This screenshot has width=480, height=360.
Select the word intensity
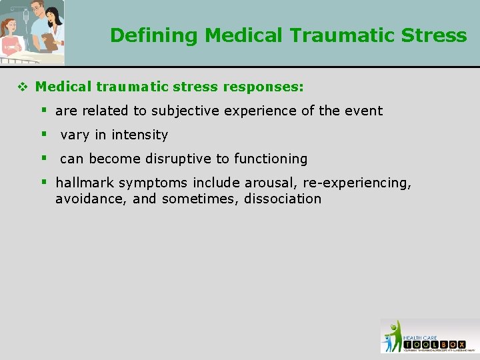[140, 135]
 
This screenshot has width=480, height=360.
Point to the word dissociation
[283, 199]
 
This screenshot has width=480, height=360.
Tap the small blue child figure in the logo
[388, 343]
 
